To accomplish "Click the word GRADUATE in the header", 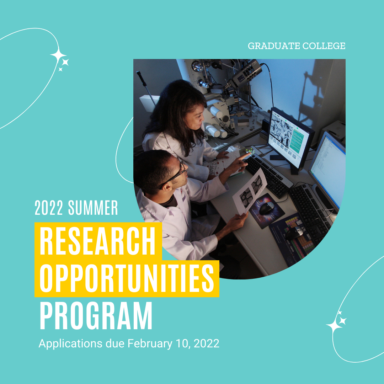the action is click(x=274, y=46).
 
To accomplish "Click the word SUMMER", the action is click(x=93, y=208).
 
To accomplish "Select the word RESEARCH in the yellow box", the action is click(x=97, y=241).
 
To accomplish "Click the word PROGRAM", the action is click(x=96, y=316).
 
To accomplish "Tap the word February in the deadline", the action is click(x=150, y=343).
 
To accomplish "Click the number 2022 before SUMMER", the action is click(x=49, y=208).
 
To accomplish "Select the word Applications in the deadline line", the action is click(x=70, y=343).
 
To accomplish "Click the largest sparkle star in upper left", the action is click(x=58, y=55).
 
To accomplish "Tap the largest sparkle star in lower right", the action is click(x=334, y=325).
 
